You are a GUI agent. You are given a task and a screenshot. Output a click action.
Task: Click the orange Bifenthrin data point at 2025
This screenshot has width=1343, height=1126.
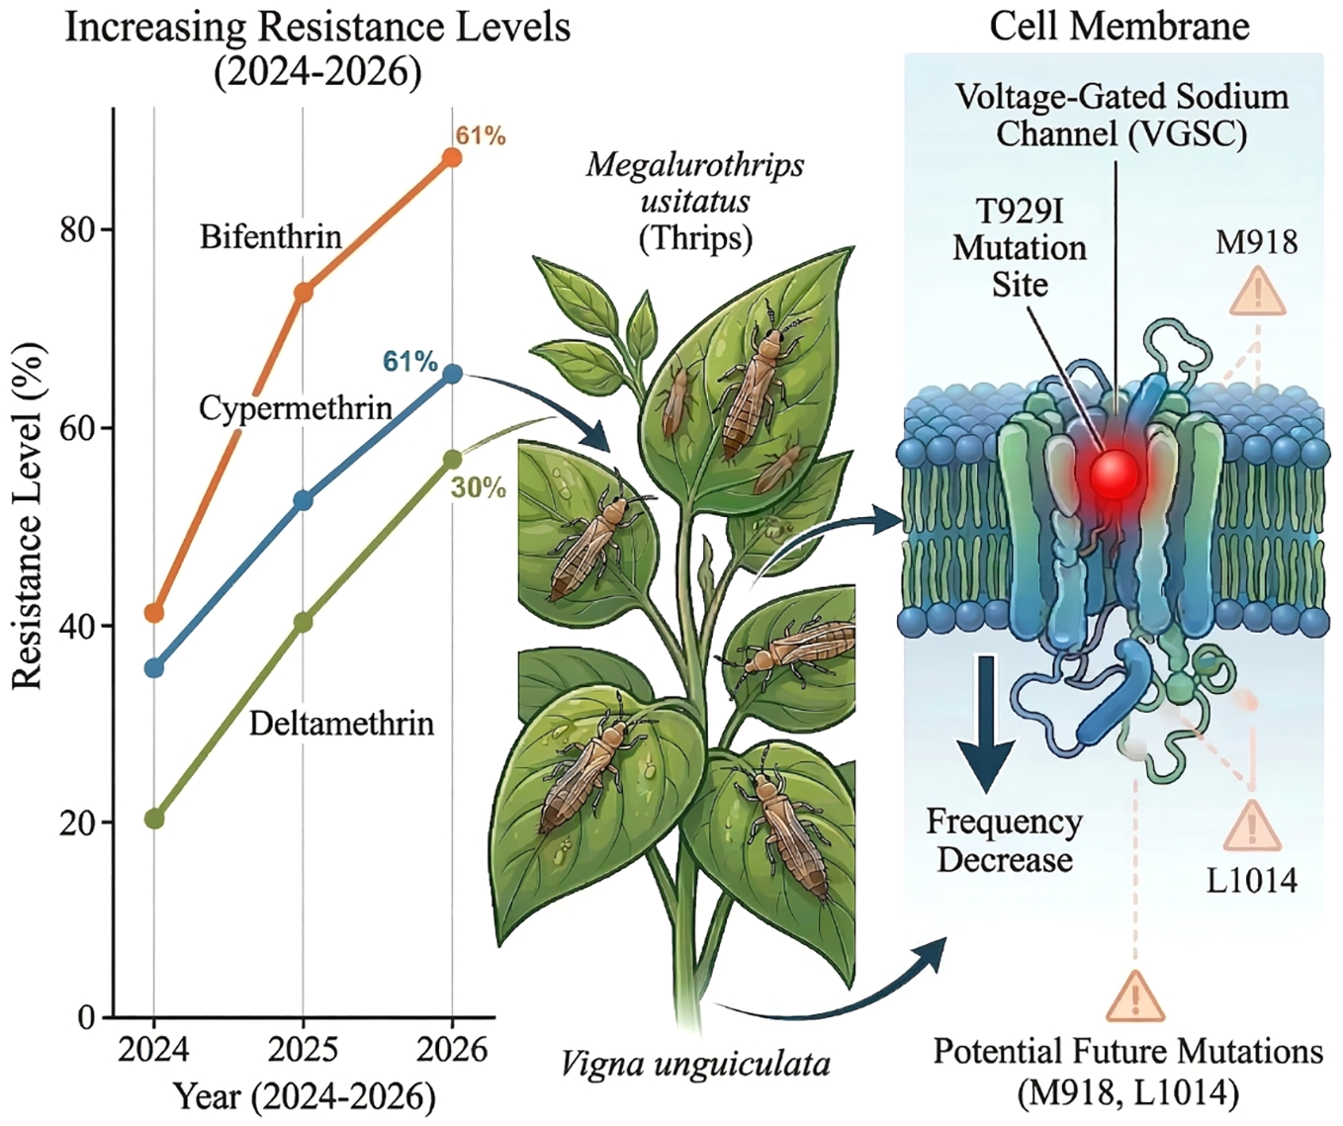click(x=304, y=293)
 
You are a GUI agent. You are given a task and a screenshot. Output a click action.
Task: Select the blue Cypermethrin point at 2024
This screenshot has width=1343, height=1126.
click(x=154, y=668)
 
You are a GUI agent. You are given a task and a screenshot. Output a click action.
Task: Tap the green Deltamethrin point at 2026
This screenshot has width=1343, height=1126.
click(x=452, y=459)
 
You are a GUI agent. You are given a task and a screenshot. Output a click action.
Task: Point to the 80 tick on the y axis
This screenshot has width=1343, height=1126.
click(x=78, y=229)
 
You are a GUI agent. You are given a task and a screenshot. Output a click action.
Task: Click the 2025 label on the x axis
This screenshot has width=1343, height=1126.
click(x=303, y=1049)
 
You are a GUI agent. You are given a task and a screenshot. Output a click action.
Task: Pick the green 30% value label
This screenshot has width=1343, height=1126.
click(x=479, y=487)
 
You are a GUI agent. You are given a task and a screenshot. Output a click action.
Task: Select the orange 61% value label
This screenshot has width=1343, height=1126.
click(x=481, y=135)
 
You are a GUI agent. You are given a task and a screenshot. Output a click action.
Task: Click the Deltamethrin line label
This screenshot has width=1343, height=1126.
click(x=341, y=723)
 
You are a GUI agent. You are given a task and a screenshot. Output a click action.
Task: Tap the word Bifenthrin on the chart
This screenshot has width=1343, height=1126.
click(x=270, y=236)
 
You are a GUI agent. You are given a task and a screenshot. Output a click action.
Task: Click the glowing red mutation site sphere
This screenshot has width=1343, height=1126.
click(x=1115, y=476)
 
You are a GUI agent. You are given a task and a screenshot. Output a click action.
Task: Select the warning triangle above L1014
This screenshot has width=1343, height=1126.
click(x=1252, y=827)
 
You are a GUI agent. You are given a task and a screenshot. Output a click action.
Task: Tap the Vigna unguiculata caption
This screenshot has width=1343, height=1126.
click(x=695, y=1065)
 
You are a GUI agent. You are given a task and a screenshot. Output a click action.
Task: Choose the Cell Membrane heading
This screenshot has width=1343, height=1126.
click(x=1119, y=26)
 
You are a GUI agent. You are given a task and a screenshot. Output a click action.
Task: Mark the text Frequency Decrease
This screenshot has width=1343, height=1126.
click(x=1004, y=840)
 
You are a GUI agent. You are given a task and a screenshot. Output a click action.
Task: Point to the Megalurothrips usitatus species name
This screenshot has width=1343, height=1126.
click(x=695, y=183)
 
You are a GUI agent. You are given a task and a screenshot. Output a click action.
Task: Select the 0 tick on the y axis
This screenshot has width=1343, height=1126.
click(x=87, y=1017)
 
